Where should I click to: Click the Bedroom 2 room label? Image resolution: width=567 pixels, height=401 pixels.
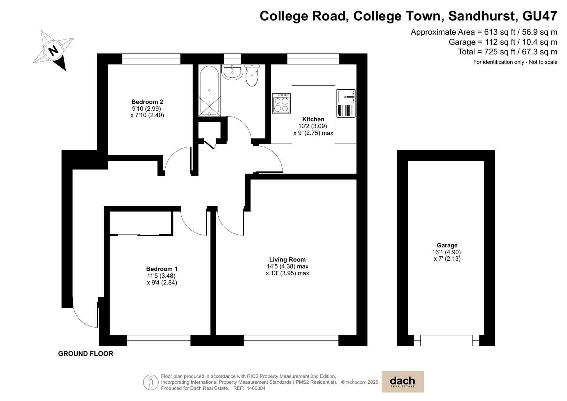(x=147, y=102)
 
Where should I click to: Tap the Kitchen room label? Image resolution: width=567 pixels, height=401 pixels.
(x=313, y=119)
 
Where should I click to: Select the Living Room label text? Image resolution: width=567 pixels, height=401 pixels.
(x=287, y=259)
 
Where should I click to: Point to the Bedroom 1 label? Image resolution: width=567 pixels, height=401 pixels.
(x=162, y=269)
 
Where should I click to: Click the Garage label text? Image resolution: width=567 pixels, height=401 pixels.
(x=447, y=245)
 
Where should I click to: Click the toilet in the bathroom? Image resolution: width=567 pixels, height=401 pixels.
(x=252, y=75)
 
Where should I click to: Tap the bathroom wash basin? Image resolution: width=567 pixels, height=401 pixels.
(x=232, y=72)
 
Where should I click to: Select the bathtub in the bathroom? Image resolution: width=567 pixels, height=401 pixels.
(x=209, y=91)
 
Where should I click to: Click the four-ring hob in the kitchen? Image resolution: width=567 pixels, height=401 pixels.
(x=281, y=104)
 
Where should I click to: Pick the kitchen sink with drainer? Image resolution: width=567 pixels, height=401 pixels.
(x=346, y=104)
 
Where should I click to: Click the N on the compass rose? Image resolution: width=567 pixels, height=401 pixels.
(x=53, y=51)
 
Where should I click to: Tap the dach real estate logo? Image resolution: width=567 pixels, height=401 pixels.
(x=403, y=381)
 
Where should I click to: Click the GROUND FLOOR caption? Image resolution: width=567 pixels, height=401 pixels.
(x=86, y=354)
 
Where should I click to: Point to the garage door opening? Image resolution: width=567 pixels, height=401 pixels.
(x=446, y=340)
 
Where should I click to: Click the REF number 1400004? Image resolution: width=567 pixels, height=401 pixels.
(x=256, y=388)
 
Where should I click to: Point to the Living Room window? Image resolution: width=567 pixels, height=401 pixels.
(x=291, y=340)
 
